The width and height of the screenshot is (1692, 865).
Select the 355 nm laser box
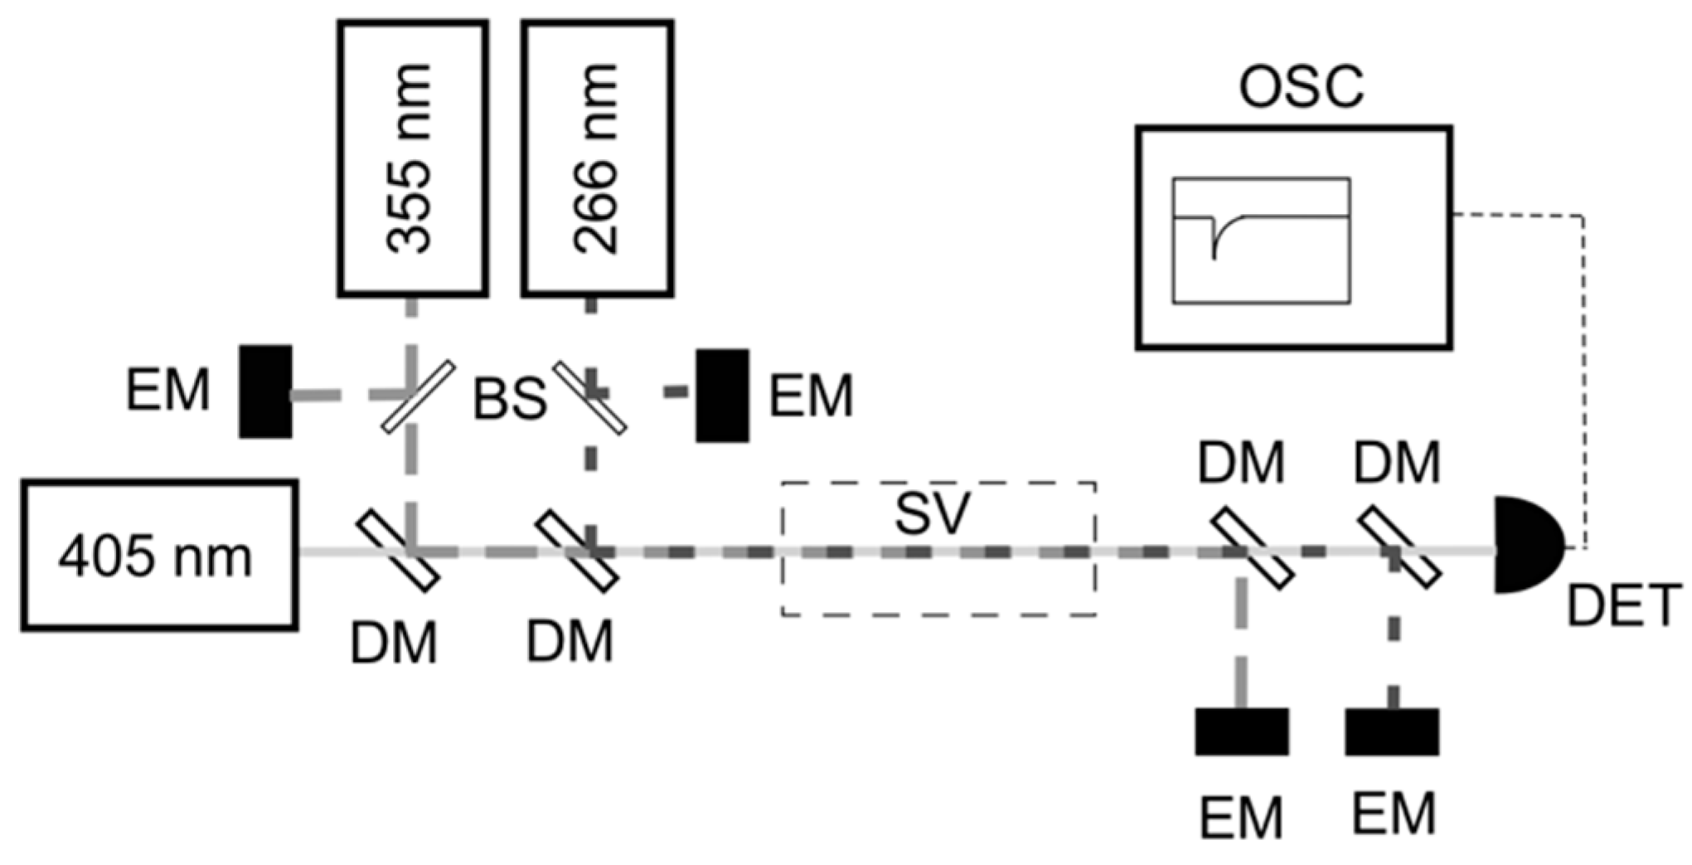click(412, 158)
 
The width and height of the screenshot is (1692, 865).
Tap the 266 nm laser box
click(597, 158)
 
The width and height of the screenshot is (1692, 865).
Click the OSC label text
click(1300, 86)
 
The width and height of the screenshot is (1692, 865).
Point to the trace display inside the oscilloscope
click(1261, 241)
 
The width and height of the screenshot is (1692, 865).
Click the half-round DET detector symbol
click(1524, 545)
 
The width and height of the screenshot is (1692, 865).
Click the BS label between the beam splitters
click(509, 398)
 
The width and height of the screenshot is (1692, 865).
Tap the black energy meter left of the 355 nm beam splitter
click(265, 391)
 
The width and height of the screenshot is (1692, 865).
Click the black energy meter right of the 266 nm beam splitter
click(722, 395)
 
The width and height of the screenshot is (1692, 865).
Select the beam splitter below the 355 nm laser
click(418, 396)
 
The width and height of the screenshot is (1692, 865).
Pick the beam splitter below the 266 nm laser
click(589, 396)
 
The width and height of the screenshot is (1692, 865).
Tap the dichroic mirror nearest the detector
click(1399, 547)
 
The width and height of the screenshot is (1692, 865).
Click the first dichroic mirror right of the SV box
click(1252, 549)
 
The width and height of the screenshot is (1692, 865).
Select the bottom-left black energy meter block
click(1241, 731)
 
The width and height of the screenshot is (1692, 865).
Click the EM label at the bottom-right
click(1394, 814)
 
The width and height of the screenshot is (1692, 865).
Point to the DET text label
click(1623, 605)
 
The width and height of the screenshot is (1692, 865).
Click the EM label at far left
click(167, 390)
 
